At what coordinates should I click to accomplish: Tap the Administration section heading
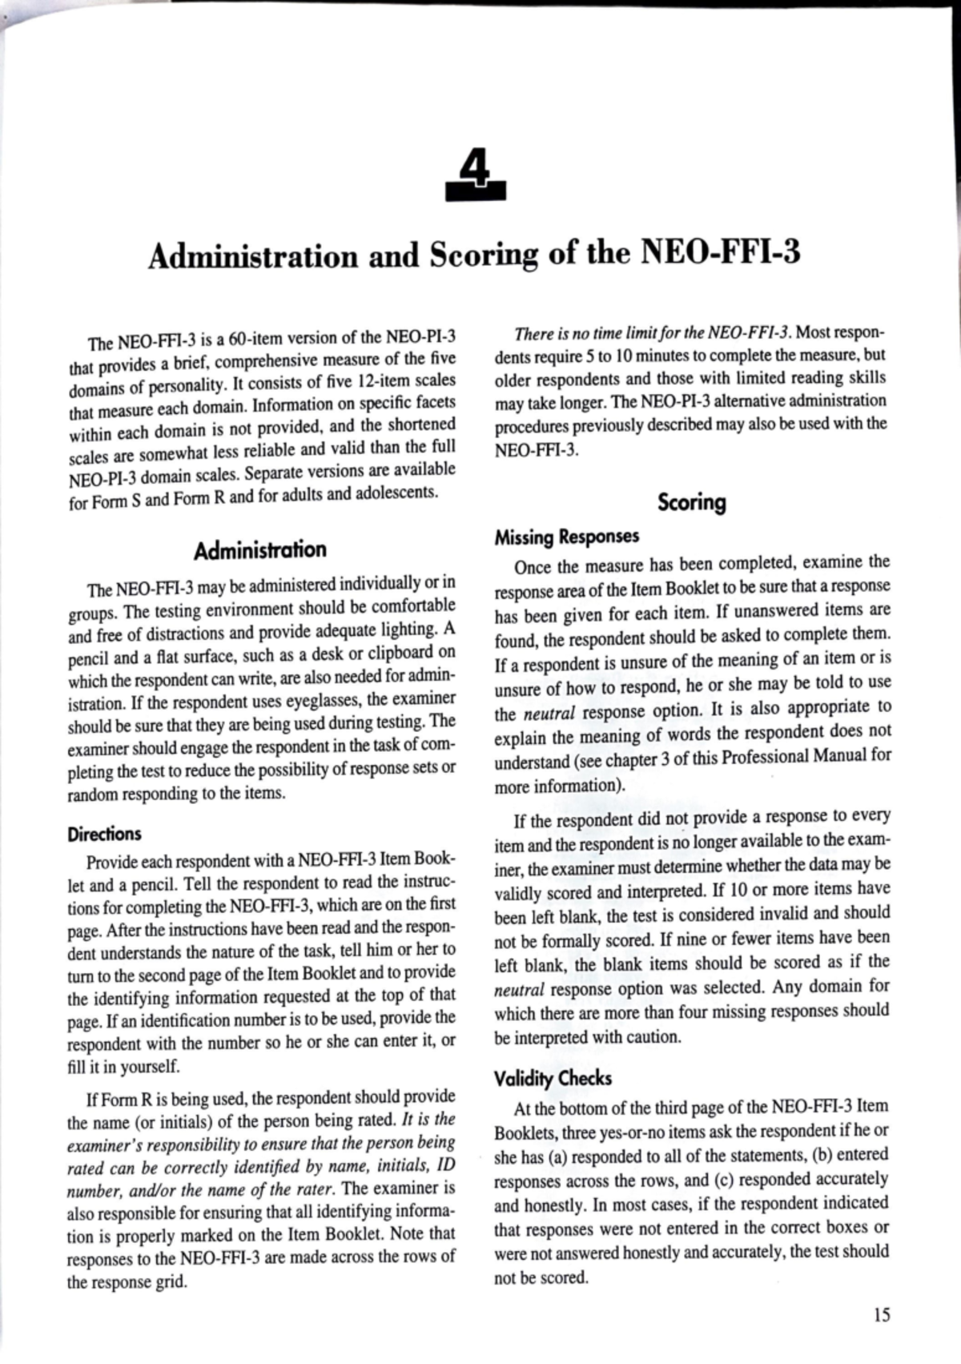[260, 550]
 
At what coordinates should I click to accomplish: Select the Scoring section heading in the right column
[691, 503]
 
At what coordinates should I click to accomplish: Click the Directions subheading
[104, 834]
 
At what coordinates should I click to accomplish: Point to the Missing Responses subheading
[566, 537]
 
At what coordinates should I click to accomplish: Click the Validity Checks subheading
[553, 1078]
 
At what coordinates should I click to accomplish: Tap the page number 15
[881, 1315]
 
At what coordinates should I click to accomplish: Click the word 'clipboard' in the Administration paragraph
[399, 653]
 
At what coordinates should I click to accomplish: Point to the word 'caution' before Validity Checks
[653, 1037]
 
